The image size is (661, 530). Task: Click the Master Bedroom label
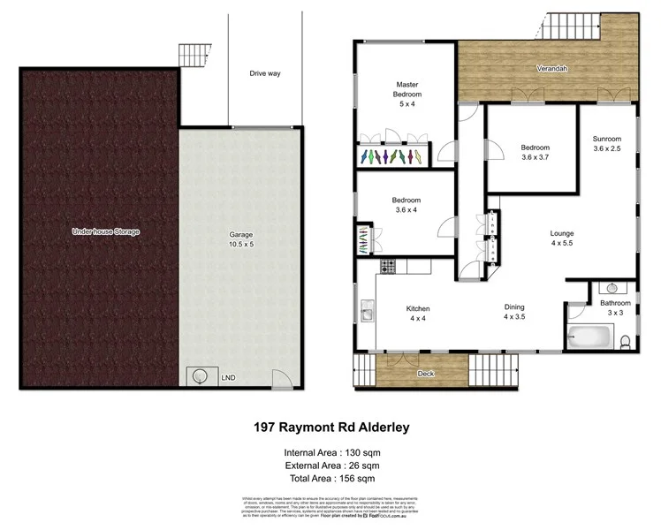[406, 93]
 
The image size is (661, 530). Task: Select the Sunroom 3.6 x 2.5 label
[606, 144]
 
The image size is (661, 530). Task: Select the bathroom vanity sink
[612, 288]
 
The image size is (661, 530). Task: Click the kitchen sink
[365, 311]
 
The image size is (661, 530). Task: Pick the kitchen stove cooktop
[385, 266]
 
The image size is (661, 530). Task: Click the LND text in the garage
[227, 377]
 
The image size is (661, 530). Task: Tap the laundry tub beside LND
[200, 376]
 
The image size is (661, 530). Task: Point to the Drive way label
[264, 73]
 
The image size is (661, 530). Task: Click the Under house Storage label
[106, 231]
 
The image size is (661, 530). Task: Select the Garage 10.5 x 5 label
[235, 238]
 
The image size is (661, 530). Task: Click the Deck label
[425, 375]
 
